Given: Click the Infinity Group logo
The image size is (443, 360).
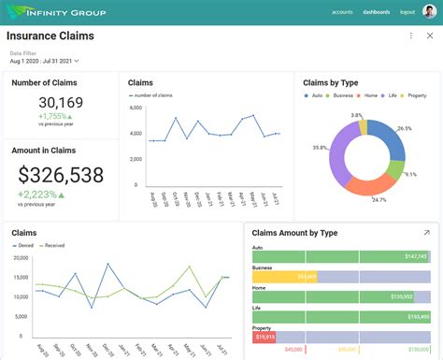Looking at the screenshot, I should point(57,12).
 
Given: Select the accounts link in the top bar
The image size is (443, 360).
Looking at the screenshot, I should point(342,12).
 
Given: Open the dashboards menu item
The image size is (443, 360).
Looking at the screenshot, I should point(376,12).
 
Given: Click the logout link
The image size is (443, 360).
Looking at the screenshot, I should point(407,12).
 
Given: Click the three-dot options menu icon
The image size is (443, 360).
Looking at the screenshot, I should point(411,36).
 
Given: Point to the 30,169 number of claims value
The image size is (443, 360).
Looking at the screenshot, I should point(60,103).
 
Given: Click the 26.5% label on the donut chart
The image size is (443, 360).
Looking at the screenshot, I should point(404,128).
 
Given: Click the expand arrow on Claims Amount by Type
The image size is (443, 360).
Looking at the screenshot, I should point(426,233).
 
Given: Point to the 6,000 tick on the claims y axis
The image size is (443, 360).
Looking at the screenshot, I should point(136,108).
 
